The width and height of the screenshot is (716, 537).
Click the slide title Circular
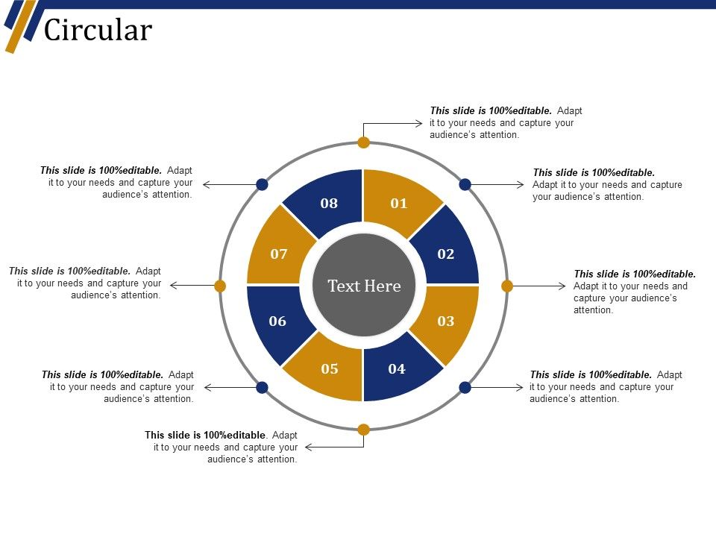tap(98, 31)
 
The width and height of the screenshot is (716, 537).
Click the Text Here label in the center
tap(364, 286)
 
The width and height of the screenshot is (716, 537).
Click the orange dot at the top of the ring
tap(364, 142)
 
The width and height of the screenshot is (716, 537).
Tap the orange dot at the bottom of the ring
tap(364, 429)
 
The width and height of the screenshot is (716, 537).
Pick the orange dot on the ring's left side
tap(220, 286)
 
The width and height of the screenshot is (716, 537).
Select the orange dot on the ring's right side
tap(507, 286)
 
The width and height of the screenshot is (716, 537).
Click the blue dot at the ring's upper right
tap(465, 184)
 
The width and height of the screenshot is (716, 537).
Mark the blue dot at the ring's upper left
tap(263, 184)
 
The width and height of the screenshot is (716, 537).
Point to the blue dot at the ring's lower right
tap(465, 387)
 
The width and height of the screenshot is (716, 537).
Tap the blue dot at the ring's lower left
tap(263, 387)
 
